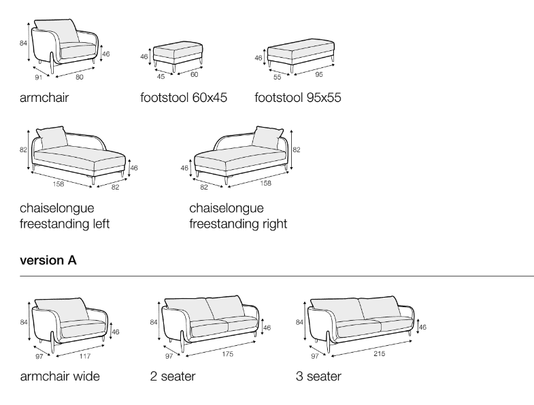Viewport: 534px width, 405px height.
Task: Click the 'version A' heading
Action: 48,260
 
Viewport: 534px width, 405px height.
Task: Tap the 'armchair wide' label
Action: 60,376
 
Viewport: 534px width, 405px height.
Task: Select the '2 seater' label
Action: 173,376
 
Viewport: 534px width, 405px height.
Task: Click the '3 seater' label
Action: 318,376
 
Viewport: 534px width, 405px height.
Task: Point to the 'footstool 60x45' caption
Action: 184,98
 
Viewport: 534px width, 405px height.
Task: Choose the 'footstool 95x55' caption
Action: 298,98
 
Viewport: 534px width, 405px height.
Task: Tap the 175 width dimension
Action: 228,353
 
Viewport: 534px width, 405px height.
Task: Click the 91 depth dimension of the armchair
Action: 37,77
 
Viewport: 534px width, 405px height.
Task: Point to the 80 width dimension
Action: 80,76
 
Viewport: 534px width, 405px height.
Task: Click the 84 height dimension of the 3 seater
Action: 299,322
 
